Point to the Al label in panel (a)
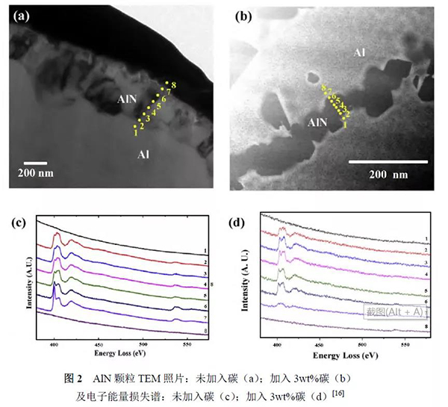[146, 154]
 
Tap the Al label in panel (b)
[361, 53]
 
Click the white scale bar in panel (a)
[35, 162]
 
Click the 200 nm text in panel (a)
[35, 174]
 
